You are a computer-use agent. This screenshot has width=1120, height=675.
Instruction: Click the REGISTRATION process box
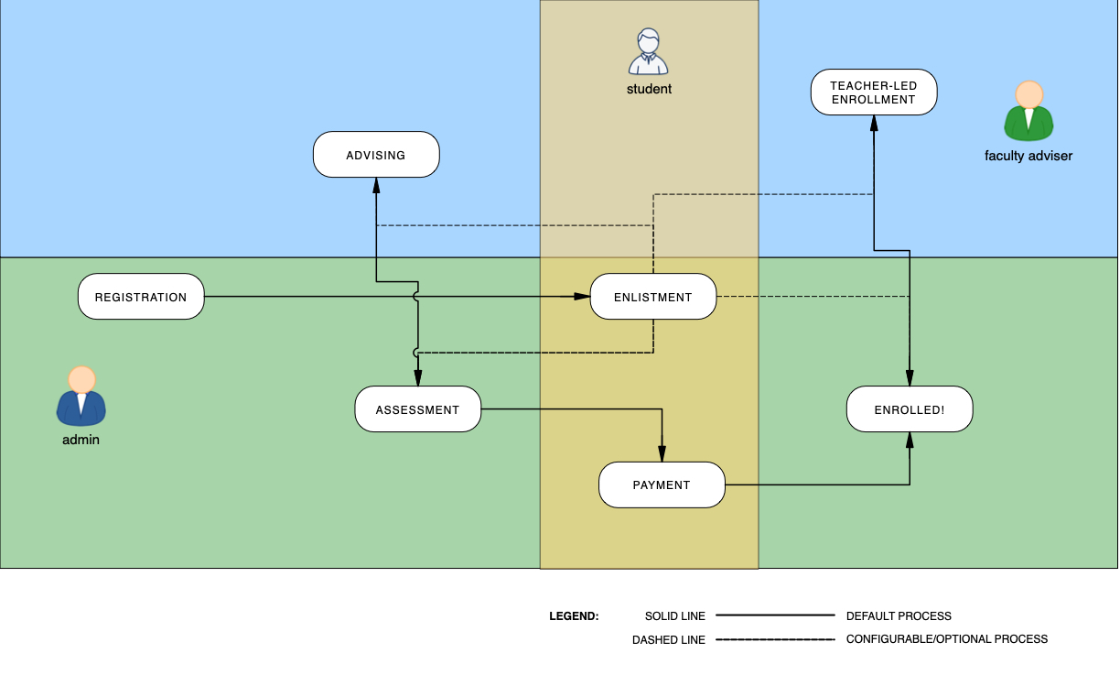coord(141,297)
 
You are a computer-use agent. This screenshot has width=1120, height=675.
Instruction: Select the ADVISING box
coord(376,155)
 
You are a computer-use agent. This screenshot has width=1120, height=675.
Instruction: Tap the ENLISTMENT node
coord(652,297)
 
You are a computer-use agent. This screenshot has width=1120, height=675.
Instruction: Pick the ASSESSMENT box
coord(417,409)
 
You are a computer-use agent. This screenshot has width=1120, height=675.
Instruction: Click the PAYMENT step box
coord(662,484)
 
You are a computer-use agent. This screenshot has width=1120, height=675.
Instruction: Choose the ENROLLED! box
coord(910,409)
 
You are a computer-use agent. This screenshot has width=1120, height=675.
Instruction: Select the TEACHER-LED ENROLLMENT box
coord(874,93)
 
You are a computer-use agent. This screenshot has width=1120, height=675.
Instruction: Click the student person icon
coord(649,52)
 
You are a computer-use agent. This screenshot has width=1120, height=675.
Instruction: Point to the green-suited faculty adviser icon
coord(1029,112)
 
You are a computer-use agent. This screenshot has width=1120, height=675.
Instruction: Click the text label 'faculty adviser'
coord(1028,156)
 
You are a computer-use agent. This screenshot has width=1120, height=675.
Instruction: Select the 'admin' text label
coord(81,440)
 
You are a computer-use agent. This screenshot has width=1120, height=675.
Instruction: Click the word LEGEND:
coord(574,616)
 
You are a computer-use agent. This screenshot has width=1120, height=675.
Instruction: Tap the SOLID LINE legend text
coord(675,616)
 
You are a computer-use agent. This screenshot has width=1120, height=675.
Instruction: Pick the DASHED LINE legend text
coord(669,639)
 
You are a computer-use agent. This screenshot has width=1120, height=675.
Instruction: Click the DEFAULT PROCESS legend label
coord(899,616)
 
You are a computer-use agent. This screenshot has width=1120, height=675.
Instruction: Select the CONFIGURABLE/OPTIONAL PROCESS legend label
coord(947,639)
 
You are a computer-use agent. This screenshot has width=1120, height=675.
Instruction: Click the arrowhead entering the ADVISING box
coord(376,184)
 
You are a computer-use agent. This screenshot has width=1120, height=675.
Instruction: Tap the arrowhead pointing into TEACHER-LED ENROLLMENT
coord(874,122)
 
